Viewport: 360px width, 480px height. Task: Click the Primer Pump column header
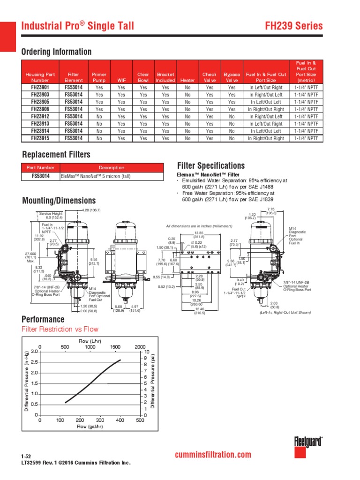pos(99,77)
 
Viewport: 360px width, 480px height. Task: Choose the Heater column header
pos(187,80)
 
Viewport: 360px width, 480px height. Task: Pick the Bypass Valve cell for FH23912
pos(232,116)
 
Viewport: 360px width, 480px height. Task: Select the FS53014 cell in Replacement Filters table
pos(40,176)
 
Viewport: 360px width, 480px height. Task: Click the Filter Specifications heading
pos(211,165)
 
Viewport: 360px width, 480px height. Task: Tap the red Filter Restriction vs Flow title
pos(60,329)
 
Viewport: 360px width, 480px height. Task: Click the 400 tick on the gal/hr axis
pos(120,420)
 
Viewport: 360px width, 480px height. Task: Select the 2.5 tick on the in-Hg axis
pos(34,362)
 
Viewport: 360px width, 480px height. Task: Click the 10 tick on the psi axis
pos(147,352)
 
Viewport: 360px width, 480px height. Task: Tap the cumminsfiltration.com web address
pos(212,455)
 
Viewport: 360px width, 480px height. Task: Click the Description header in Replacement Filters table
pos(112,167)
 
